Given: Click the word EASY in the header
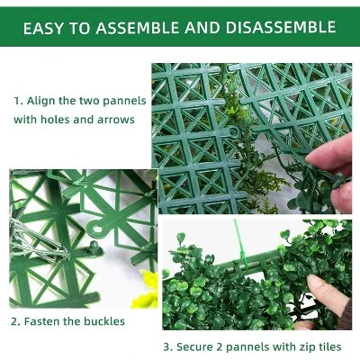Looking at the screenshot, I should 45,28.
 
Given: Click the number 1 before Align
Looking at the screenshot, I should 16,101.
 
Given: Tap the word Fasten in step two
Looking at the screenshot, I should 41,321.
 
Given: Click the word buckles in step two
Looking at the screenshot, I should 103,321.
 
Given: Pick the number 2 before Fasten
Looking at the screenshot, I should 15,321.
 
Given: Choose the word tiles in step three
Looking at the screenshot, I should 329,346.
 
